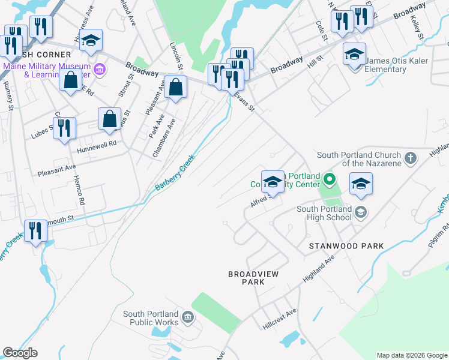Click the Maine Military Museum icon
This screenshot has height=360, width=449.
100,71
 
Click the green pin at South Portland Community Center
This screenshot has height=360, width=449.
329,179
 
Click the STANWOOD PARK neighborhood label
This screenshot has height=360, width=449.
346,246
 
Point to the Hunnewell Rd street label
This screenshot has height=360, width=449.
95,145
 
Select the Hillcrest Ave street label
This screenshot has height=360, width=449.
279,318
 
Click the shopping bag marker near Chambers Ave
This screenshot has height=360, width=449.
175,88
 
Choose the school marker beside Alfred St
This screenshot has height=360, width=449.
273,181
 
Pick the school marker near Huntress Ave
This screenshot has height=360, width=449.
91,40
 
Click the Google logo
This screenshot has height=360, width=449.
19,353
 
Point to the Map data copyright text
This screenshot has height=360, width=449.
412,355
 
